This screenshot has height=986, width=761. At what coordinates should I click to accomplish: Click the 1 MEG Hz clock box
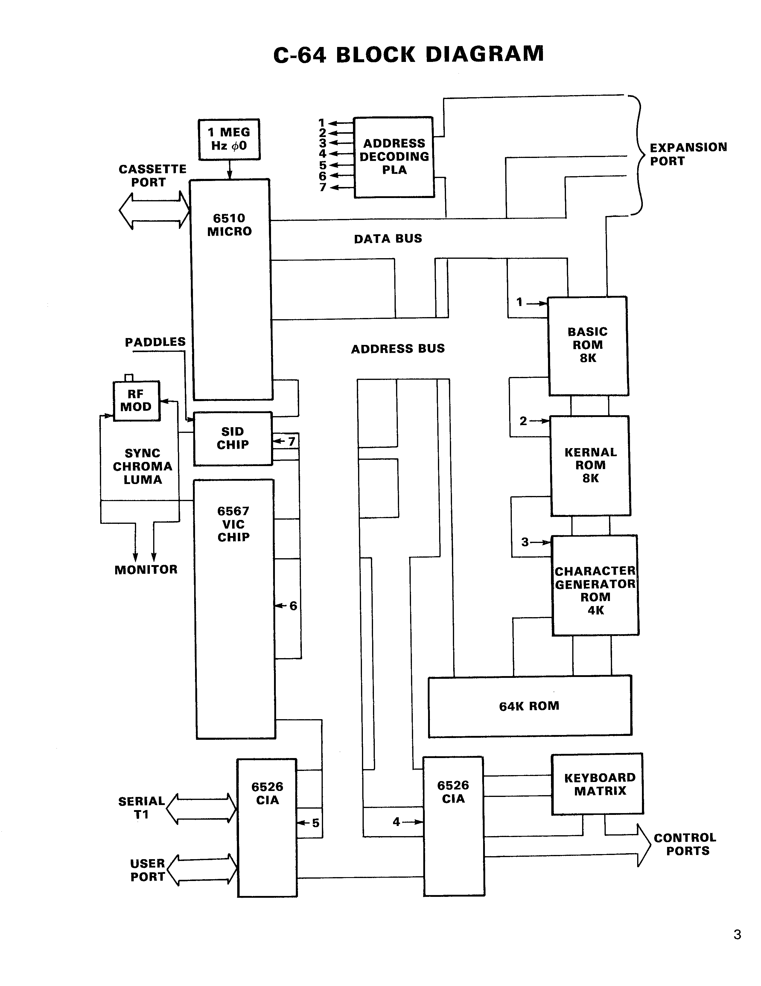pos(229,139)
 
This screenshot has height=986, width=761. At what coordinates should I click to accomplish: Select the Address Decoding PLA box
pos(394,157)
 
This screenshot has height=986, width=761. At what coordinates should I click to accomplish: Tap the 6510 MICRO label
pos(229,225)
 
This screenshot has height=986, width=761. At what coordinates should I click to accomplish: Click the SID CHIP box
pos(233,438)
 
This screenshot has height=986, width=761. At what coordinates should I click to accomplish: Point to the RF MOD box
pos(136,401)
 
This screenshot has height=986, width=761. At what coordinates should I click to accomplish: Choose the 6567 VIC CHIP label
pos(233,524)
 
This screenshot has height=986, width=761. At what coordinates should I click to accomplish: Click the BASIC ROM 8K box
pos(588,346)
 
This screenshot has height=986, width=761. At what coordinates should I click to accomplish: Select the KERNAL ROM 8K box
pos(590,465)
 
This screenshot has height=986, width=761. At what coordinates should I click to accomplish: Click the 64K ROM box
pos(529,706)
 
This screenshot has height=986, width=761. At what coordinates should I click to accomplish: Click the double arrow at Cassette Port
pos(154,211)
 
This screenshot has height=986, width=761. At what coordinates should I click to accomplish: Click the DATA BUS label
pos(388,239)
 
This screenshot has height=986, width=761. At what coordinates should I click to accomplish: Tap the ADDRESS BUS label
pos(398,349)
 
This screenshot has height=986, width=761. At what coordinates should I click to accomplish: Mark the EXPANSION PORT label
pos(688,154)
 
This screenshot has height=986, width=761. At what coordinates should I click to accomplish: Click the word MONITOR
pos(146,570)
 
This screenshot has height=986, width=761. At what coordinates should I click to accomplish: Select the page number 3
pos(737,935)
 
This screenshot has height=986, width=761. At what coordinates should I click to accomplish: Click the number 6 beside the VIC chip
pos(293,606)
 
